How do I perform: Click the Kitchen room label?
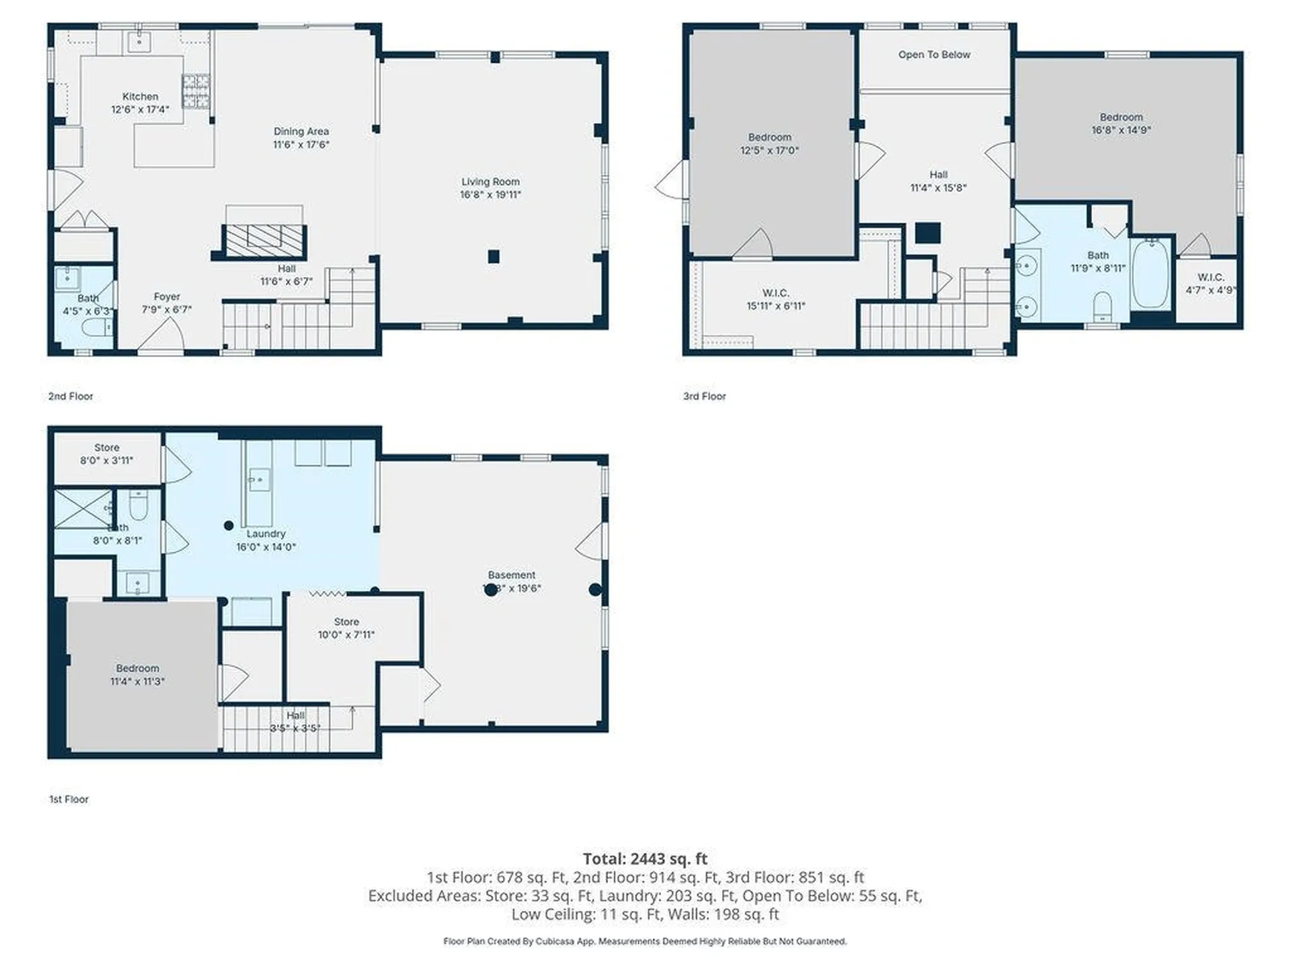click(x=140, y=97)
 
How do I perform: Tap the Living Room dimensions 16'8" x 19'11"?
click(x=490, y=195)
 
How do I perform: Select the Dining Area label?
click(x=301, y=131)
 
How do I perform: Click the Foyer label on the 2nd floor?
click(x=166, y=296)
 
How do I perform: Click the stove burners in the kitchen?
click(x=196, y=91)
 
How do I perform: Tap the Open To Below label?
click(x=933, y=54)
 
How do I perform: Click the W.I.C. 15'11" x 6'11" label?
click(x=775, y=299)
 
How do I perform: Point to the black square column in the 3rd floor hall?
click(x=927, y=233)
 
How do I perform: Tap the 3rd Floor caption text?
click(x=704, y=396)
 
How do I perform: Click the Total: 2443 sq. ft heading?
click(x=644, y=858)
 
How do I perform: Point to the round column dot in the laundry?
click(x=229, y=525)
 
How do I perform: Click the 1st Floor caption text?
click(x=69, y=799)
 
